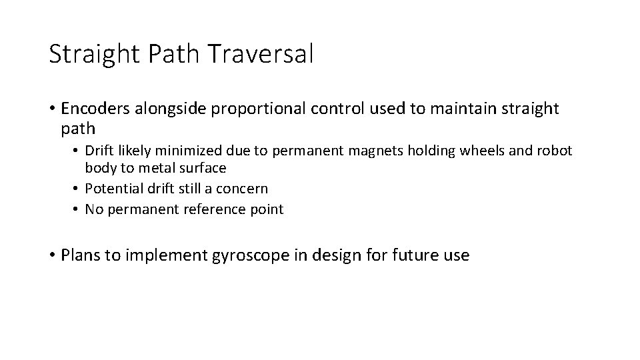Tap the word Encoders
pyautogui.click(x=94, y=109)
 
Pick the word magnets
pyautogui.click(x=394, y=151)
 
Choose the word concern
pyautogui.click(x=243, y=189)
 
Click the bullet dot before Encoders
pyautogui.click(x=52, y=109)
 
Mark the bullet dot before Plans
pyautogui.click(x=52, y=255)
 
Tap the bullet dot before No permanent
pyautogui.click(x=77, y=209)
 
